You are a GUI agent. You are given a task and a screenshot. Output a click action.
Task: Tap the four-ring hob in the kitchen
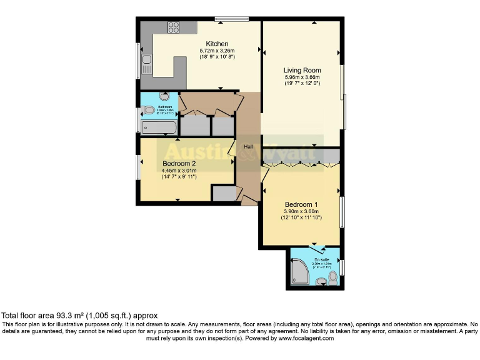(174, 27)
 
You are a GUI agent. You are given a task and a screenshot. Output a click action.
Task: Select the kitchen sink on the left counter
(146, 61)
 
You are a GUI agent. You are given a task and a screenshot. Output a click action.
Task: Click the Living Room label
(302, 70)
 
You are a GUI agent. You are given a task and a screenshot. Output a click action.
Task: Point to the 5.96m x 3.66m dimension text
(302, 77)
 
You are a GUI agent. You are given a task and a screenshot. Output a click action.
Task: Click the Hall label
(248, 147)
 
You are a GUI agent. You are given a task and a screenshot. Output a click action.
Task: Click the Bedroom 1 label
(301, 204)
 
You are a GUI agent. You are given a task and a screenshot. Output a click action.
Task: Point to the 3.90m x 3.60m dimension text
(301, 211)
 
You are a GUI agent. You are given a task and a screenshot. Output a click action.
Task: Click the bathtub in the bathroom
(159, 127)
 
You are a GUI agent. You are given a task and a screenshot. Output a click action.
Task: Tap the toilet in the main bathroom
(149, 111)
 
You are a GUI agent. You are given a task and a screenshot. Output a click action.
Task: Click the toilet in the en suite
(332, 277)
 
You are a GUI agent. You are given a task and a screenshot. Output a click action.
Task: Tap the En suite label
(321, 259)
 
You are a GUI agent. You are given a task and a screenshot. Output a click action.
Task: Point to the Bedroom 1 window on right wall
(342, 212)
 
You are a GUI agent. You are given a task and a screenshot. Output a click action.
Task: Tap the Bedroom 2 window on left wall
(138, 167)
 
